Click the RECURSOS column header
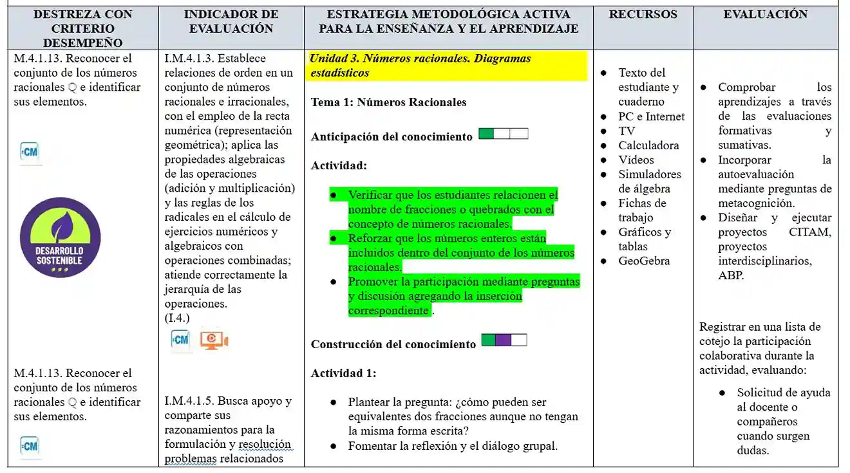click(643, 14)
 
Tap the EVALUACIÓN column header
click(765, 14)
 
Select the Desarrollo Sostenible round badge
click(60, 237)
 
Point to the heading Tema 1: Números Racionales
click(388, 102)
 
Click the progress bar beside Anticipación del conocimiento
click(504, 134)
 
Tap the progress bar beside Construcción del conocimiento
click(504, 340)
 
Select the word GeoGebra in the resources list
click(644, 261)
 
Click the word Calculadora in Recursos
click(648, 145)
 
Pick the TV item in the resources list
click(627, 131)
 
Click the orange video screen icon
click(214, 340)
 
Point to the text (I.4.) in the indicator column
click(177, 318)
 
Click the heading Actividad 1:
click(343, 373)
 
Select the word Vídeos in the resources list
click(636, 160)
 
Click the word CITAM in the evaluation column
click(810, 232)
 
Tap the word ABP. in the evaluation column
click(731, 275)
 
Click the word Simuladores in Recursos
click(650, 174)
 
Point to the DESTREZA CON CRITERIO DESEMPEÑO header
click(82, 28)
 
